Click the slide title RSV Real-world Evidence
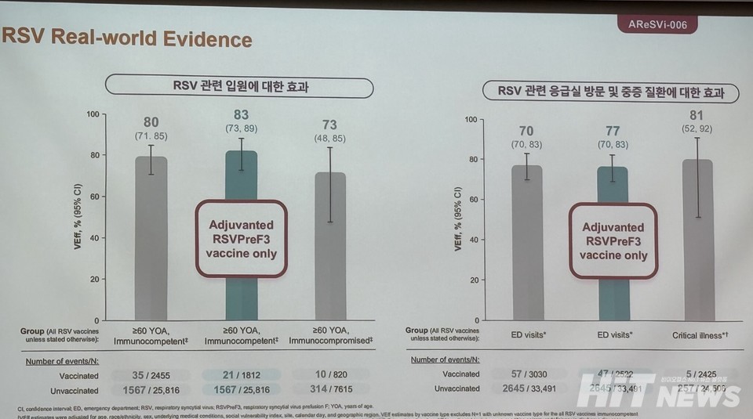pyautogui.click(x=128, y=38)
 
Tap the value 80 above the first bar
pyautogui.click(x=151, y=121)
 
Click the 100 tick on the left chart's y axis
pyautogui.click(x=93, y=114)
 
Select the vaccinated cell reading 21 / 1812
pyautogui.click(x=242, y=375)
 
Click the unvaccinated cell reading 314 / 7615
pyautogui.click(x=330, y=390)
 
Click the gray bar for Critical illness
pyautogui.click(x=697, y=243)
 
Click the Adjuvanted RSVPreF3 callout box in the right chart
pyautogui.click(x=613, y=240)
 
